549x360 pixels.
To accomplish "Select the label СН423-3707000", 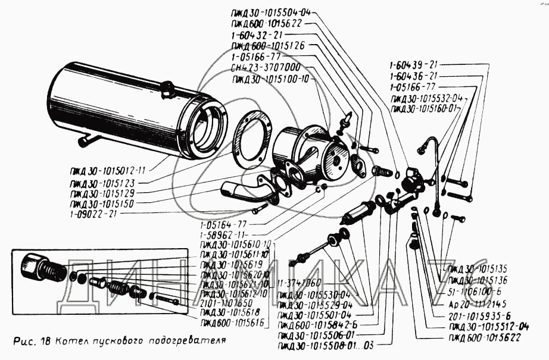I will (265, 67).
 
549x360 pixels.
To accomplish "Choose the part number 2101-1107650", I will (227, 302).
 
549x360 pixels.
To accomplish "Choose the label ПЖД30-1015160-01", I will (423, 109).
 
